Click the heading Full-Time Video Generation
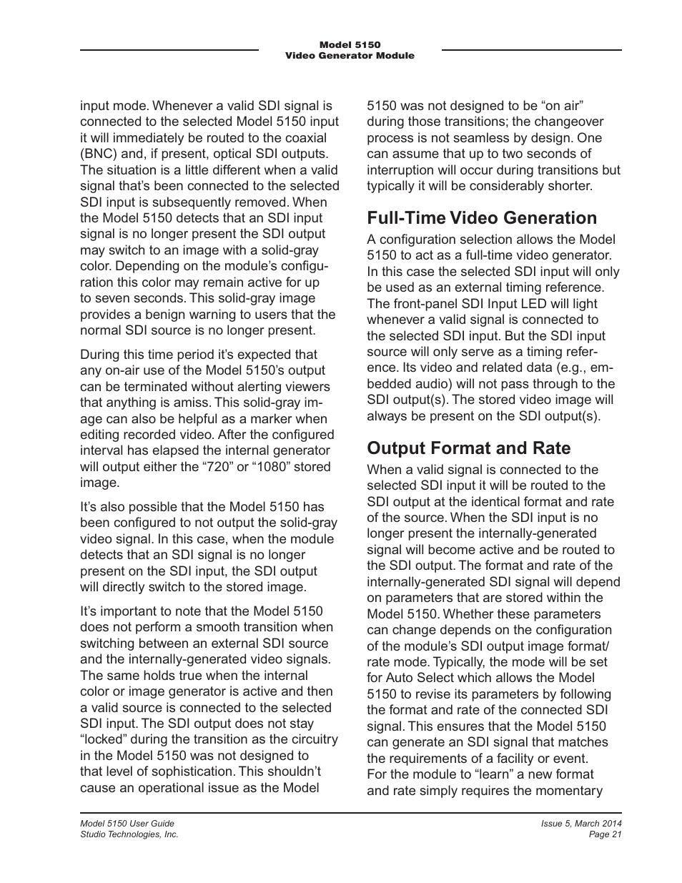click(x=481, y=217)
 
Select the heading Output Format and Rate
click(x=468, y=448)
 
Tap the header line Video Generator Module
click(x=350, y=56)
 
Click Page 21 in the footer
click(x=605, y=834)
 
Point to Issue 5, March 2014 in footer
click(x=580, y=824)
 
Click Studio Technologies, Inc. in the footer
click(x=129, y=834)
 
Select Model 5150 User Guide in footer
click(x=127, y=824)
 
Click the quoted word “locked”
click(x=104, y=739)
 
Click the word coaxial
click(x=305, y=138)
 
